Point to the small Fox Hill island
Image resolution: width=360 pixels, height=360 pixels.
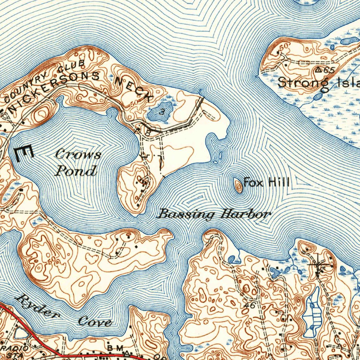(238, 185)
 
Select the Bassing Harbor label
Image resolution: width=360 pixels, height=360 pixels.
(215, 214)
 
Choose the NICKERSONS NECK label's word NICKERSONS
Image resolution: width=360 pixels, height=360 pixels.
(54, 92)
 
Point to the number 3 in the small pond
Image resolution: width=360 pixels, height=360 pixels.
(161, 112)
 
